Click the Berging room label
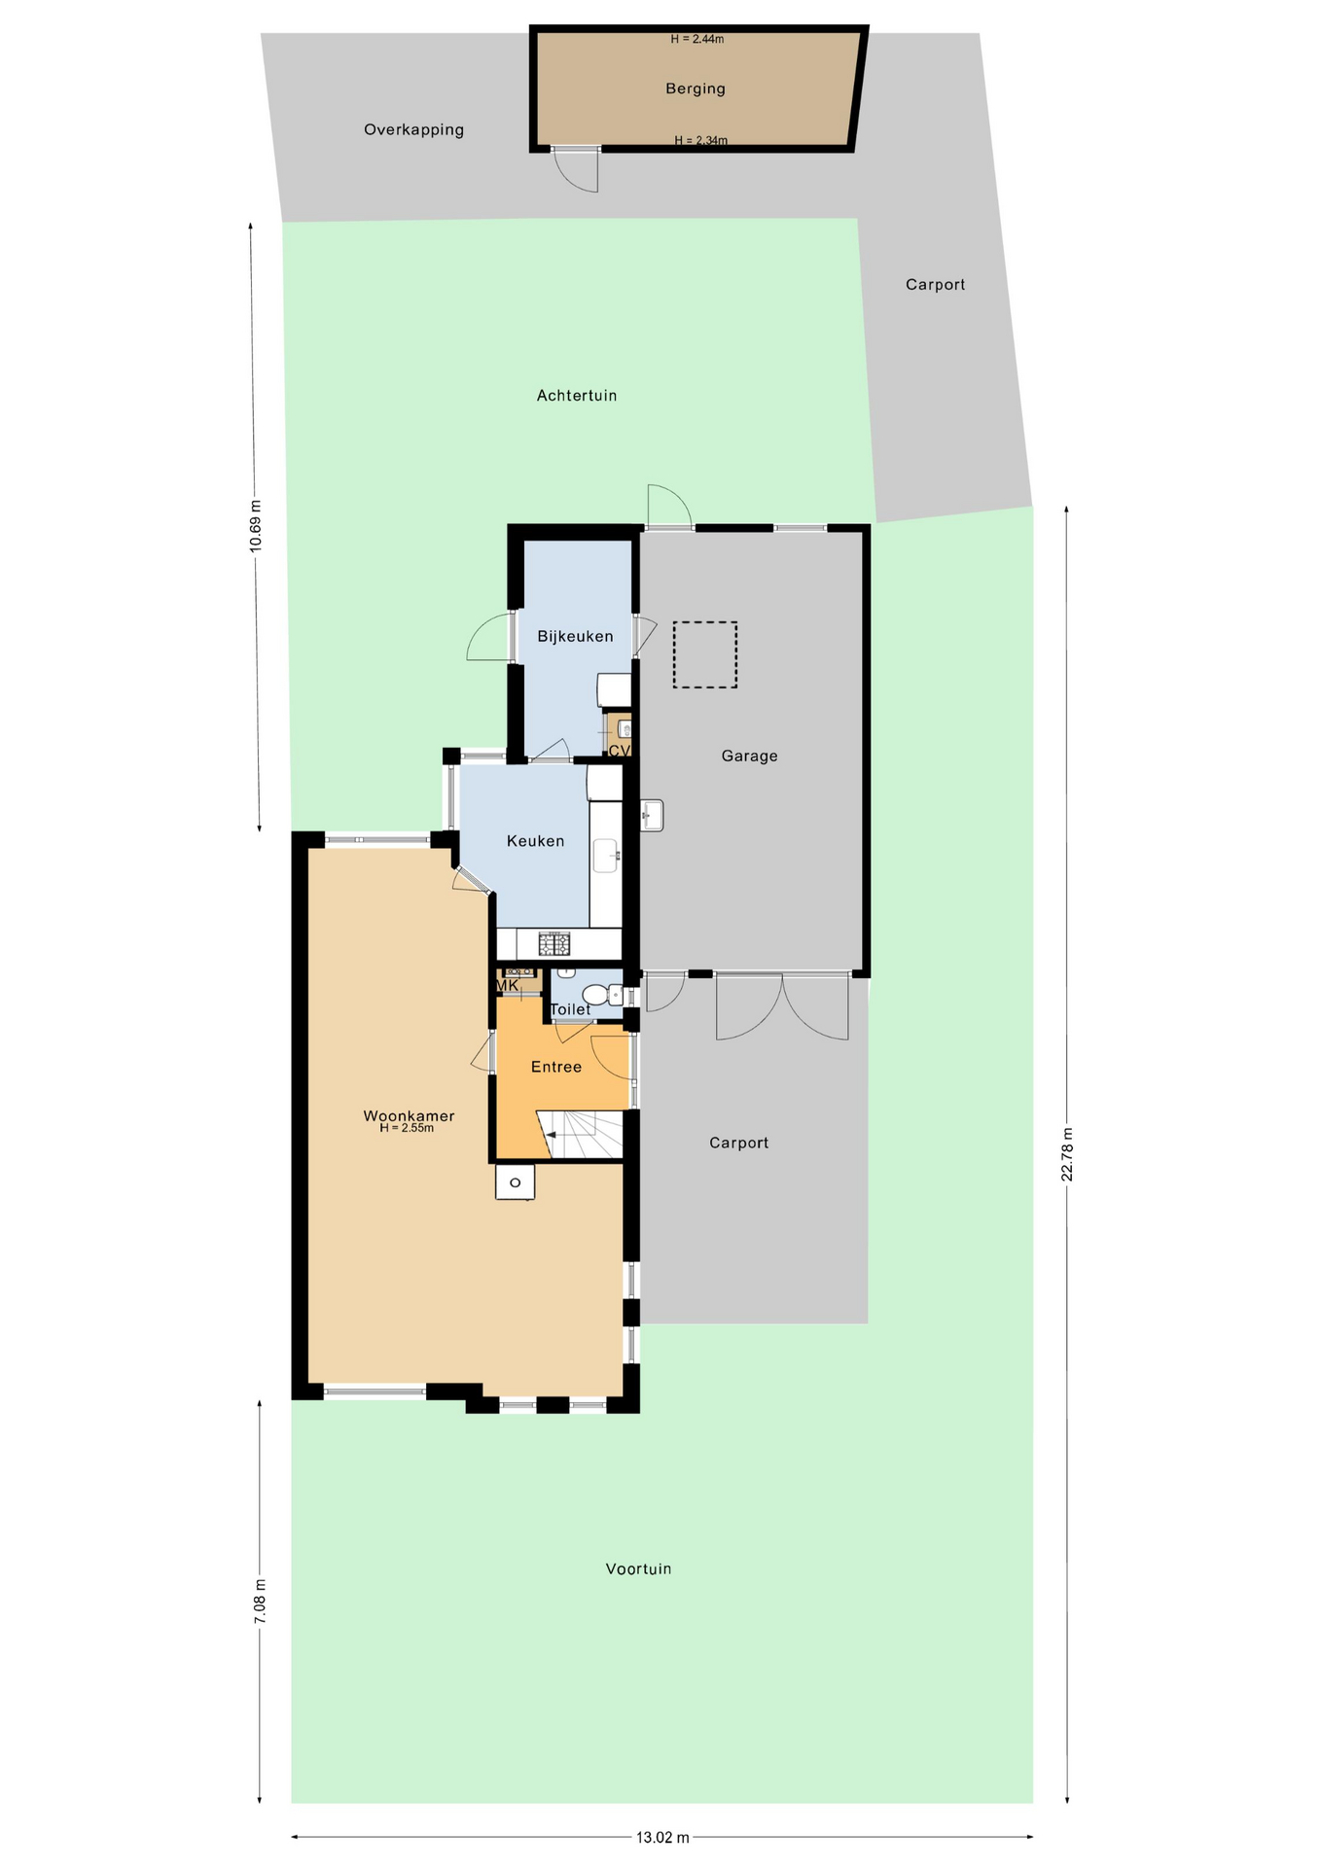[x=696, y=88]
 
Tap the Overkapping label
[x=413, y=130]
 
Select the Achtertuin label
[x=577, y=396]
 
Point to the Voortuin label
[x=638, y=1568]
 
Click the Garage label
[x=749, y=756]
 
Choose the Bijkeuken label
[x=575, y=637]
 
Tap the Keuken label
[x=535, y=841]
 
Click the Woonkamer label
[x=409, y=1116]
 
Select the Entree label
[x=556, y=1067]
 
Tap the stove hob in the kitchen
[x=554, y=943]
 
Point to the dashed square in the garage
[x=704, y=655]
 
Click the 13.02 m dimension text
[x=662, y=1837]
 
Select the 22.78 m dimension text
[x=1067, y=1154]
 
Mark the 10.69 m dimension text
[x=257, y=526]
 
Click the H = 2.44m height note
[x=697, y=40]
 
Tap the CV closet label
[x=620, y=751]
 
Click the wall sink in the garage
[x=653, y=816]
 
